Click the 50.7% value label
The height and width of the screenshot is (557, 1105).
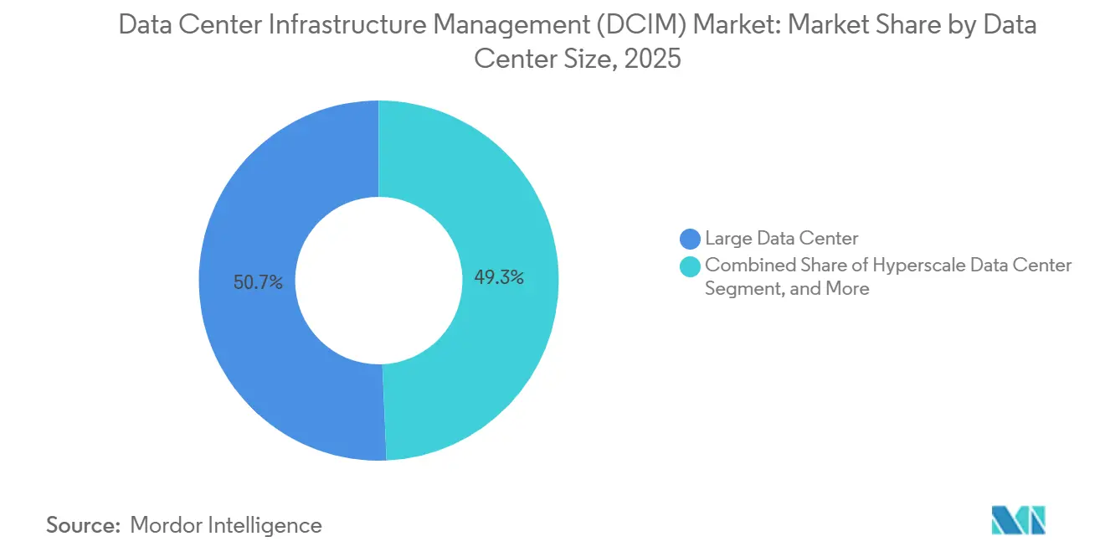[258, 283]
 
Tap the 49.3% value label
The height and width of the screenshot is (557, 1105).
[499, 277]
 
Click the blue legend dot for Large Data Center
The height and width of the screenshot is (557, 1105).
[691, 239]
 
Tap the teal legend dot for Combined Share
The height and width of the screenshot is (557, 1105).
[691, 266]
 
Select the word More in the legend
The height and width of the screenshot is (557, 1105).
[847, 289]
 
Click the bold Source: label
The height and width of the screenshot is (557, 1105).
[81, 525]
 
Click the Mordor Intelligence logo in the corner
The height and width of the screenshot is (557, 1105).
[1019, 520]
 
